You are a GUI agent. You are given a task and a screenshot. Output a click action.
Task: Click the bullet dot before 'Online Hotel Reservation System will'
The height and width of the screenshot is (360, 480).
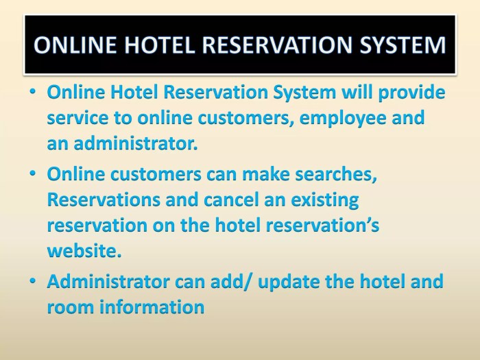pyautogui.click(x=33, y=93)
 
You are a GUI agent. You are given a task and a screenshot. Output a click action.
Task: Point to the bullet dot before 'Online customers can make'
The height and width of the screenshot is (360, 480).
pyautogui.click(x=33, y=174)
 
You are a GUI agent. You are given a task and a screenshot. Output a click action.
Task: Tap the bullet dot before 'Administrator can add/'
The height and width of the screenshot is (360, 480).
pyautogui.click(x=33, y=281)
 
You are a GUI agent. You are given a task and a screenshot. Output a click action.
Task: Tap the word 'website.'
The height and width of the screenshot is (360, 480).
pyautogui.click(x=84, y=251)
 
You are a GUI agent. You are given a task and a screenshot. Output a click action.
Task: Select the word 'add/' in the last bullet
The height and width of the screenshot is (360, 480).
pyautogui.click(x=227, y=281)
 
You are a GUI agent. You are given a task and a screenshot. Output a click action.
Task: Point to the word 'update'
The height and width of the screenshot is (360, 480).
pyautogui.click(x=282, y=281)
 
